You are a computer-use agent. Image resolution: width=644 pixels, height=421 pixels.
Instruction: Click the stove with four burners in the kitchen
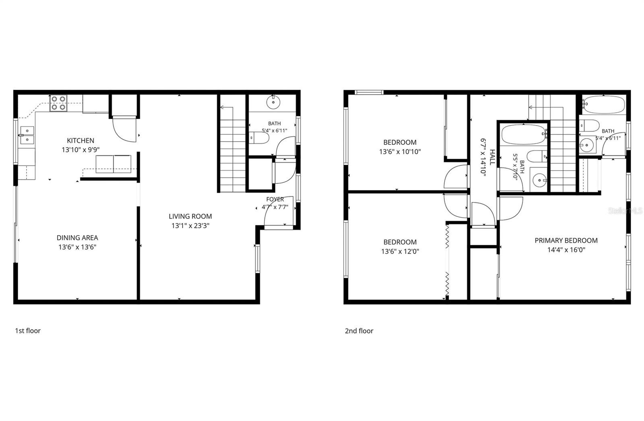pyautogui.click(x=58, y=103)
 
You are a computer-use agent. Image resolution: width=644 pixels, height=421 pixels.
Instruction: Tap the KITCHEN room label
pyautogui.click(x=80, y=140)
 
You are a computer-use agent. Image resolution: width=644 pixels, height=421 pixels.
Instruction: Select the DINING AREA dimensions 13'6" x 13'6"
pyautogui.click(x=77, y=247)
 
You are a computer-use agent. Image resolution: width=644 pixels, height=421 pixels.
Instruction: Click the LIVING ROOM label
pyautogui.click(x=190, y=216)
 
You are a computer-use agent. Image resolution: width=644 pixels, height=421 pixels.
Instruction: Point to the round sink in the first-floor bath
pyautogui.click(x=273, y=102)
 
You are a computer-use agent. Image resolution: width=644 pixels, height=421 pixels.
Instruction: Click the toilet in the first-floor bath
pyautogui.click(x=259, y=138)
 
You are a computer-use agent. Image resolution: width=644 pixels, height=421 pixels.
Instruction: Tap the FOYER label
pyautogui.click(x=275, y=199)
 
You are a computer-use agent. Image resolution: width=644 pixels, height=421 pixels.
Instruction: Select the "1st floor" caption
pyautogui.click(x=28, y=331)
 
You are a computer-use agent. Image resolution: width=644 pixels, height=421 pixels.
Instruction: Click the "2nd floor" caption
pyautogui.click(x=359, y=331)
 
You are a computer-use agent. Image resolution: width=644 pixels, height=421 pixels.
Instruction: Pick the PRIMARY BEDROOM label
pyautogui.click(x=566, y=240)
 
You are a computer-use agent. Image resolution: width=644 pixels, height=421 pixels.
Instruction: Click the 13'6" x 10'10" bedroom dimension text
pyautogui.click(x=400, y=152)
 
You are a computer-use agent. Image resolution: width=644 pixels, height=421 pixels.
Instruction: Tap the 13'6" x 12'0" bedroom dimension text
pyautogui.click(x=400, y=251)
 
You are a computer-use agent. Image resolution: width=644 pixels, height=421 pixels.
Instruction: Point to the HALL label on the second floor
pyautogui.click(x=492, y=157)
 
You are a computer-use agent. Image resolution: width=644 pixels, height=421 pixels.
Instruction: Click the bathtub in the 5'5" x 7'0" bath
pyautogui.click(x=524, y=134)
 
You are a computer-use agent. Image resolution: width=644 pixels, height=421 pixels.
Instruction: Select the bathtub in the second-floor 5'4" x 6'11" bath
pyautogui.click(x=604, y=105)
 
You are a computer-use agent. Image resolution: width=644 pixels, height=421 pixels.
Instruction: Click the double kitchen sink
pyautogui.click(x=27, y=135)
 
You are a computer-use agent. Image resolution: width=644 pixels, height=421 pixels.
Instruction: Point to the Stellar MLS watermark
pyautogui.click(x=625, y=211)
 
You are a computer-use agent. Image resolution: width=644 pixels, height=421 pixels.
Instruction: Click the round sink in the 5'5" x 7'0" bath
pyautogui.click(x=539, y=180)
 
